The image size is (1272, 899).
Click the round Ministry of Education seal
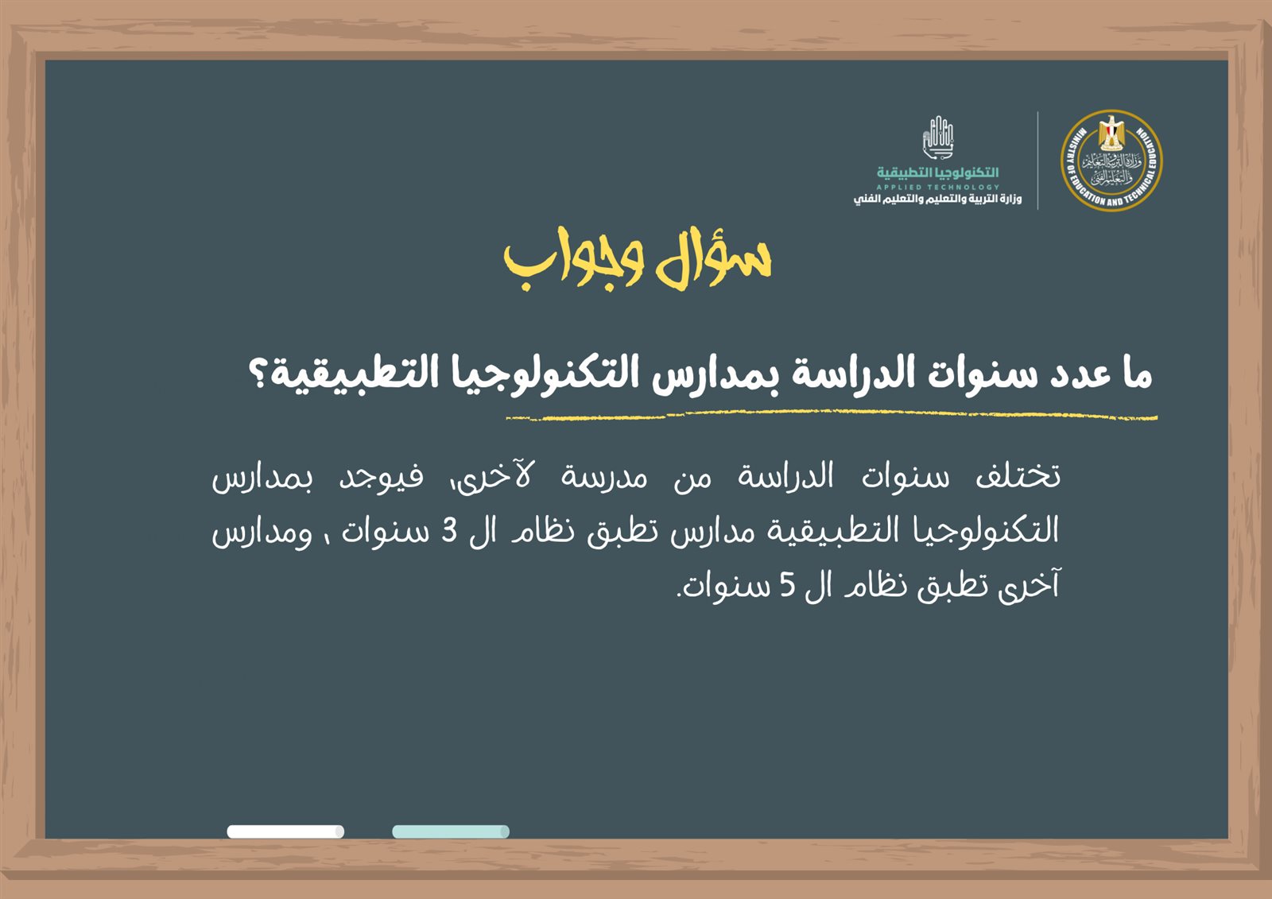[x=1111, y=161]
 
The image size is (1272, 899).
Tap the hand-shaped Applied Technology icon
[x=937, y=138]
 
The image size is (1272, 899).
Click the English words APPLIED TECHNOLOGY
[x=937, y=187]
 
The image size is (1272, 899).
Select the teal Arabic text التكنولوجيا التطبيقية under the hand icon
[x=937, y=172]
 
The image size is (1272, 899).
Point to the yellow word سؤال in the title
[x=714, y=258]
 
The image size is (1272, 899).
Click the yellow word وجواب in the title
[x=573, y=262]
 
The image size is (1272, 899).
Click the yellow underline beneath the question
[x=832, y=417]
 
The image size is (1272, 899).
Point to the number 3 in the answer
[x=449, y=532]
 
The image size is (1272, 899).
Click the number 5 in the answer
[x=787, y=586]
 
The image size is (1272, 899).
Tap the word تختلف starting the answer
[x=1018, y=476]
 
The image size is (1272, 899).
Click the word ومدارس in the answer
[x=262, y=533]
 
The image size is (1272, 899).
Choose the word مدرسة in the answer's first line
[x=603, y=477]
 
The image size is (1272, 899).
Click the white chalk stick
[x=285, y=831]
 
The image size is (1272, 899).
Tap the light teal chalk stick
[x=450, y=831]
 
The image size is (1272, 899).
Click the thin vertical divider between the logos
[x=1038, y=161]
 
